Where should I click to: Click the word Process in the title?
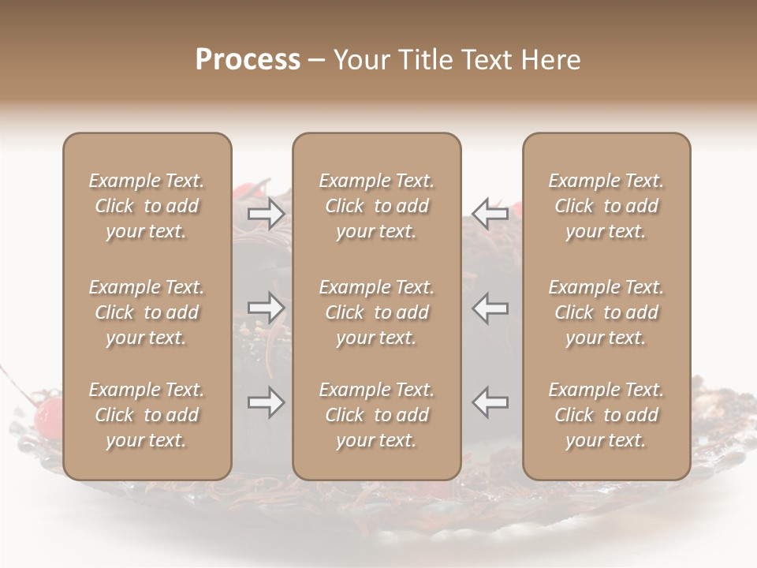(248, 60)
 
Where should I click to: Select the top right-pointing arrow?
(267, 214)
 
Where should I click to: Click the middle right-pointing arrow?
(267, 308)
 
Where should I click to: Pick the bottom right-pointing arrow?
(267, 403)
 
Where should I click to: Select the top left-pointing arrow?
(490, 214)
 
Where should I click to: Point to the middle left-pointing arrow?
(490, 308)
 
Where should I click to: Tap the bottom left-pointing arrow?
(490, 403)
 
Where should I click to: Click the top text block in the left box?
(147, 206)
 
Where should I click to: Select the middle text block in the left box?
(147, 312)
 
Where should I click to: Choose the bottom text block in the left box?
(147, 415)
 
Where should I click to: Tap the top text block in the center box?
(377, 206)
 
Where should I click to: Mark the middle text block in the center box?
(377, 312)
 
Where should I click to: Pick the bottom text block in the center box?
(377, 415)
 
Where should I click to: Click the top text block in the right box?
(606, 206)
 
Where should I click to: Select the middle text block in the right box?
(606, 312)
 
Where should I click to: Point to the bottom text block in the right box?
(606, 415)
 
